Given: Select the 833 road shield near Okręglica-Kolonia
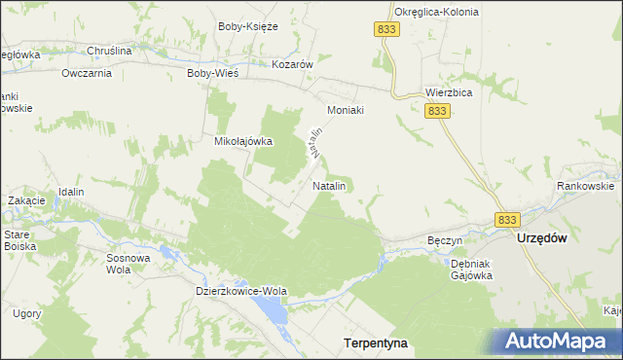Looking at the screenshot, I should pos(385,31).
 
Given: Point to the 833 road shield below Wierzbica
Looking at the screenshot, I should pos(439,112).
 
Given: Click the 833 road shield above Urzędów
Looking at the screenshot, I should pos(506,220).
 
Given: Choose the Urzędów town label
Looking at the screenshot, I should pos(542,238).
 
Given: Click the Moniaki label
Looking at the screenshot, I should pos(346,110).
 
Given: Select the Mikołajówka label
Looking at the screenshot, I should pos(243,141).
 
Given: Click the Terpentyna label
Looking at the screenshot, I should pos(376,343).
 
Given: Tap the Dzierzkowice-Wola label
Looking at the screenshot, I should pos(241,291).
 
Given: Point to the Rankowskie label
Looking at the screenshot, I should pos(585,186).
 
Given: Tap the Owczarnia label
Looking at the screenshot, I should pos(87,73).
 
